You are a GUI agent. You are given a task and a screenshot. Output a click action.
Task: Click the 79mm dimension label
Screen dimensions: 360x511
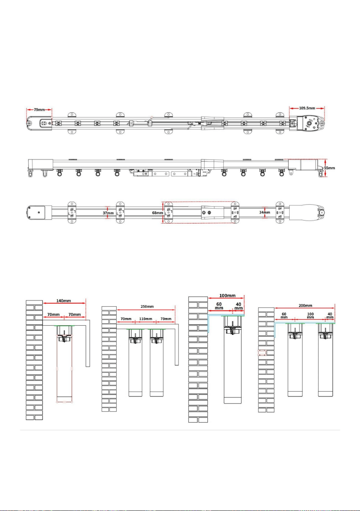(39, 110)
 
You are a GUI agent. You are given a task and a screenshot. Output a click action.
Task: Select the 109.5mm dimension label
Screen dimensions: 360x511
(307, 108)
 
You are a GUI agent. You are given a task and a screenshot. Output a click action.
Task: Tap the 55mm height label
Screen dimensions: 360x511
(329, 168)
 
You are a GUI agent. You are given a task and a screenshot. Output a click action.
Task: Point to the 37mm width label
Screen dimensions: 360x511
(108, 213)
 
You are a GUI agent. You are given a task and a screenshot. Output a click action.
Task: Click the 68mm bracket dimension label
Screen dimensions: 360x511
(158, 213)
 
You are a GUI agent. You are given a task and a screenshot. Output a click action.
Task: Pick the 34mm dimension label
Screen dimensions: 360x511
(265, 212)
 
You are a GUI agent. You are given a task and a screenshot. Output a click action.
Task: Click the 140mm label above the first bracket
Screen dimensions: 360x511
(64, 300)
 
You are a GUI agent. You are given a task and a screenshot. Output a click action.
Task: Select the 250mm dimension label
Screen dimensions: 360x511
(147, 306)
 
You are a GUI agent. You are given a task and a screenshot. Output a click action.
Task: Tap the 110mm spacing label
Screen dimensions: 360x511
(146, 319)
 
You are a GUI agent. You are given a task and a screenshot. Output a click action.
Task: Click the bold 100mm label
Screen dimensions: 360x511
(228, 295)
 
